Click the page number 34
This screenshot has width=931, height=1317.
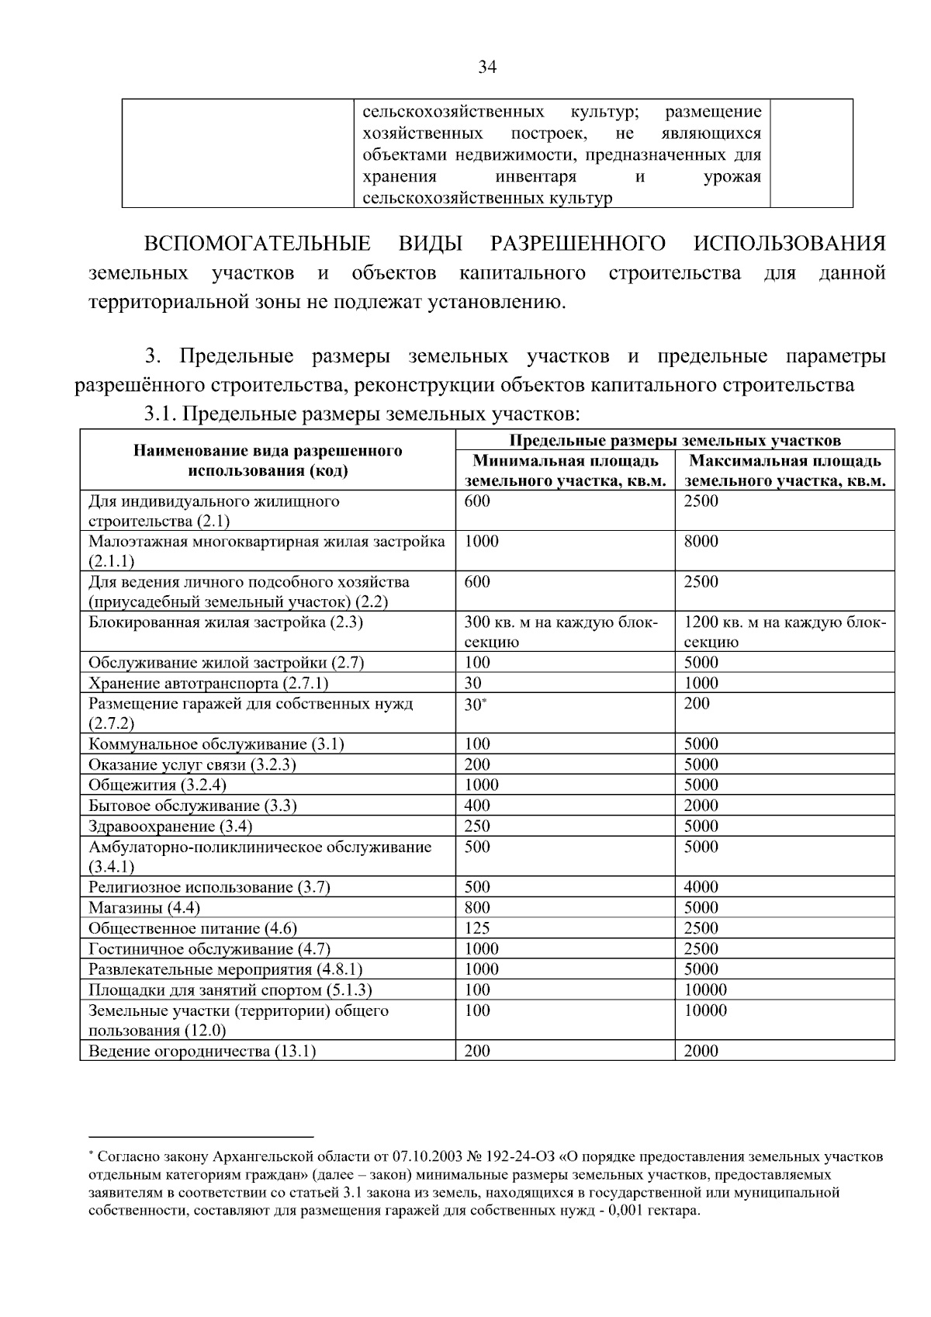[486, 68]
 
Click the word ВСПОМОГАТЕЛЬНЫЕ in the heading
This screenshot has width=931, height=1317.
[257, 244]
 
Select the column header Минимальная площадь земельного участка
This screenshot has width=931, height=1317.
[565, 471]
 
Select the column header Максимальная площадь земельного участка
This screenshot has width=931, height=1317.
[784, 471]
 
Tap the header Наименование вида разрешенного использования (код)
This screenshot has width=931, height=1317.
[268, 460]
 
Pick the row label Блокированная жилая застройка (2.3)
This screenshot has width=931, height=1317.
[226, 622]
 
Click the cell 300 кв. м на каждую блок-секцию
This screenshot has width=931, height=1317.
[560, 632]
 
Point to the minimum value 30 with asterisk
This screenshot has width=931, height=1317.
[474, 705]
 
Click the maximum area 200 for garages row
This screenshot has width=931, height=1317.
[696, 704]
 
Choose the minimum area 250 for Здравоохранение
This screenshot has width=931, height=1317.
[476, 827]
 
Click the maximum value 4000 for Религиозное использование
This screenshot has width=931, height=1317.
[701, 887]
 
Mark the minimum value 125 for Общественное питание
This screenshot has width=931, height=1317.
[476, 928]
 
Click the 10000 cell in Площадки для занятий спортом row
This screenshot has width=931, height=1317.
[705, 989]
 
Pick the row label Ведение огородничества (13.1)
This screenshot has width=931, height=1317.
[202, 1052]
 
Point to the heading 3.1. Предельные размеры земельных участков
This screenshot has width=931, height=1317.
[362, 414]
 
